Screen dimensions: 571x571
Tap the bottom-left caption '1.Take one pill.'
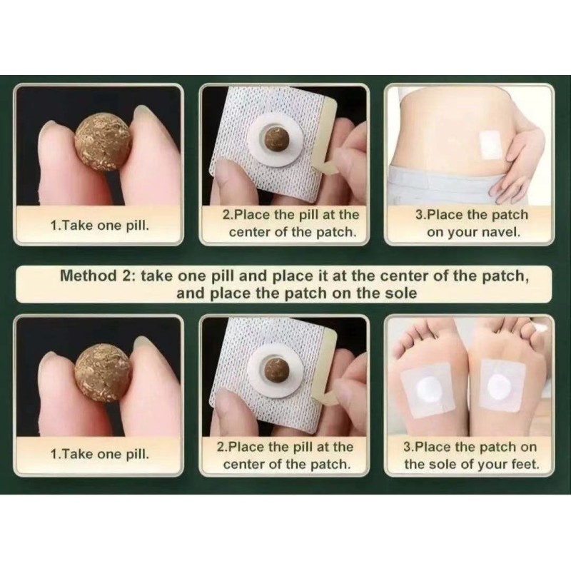click(x=100, y=453)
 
